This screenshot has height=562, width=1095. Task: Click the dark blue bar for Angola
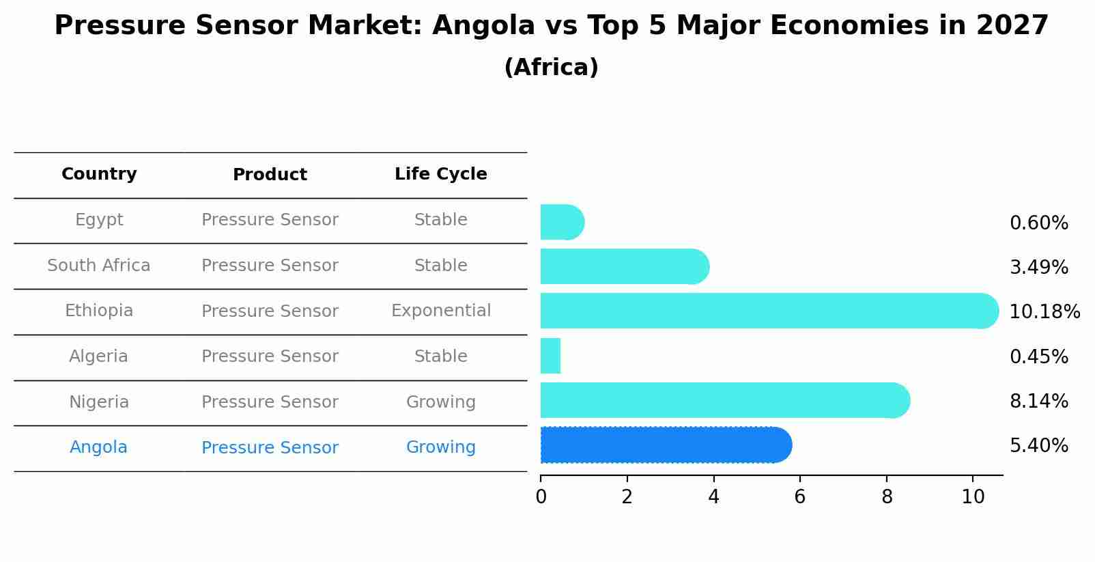(666, 445)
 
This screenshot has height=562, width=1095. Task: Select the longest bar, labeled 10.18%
(769, 311)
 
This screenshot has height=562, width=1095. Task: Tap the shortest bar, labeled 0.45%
(550, 356)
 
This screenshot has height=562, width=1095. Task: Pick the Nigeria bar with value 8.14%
(724, 400)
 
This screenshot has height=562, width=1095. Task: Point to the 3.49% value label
(1038, 267)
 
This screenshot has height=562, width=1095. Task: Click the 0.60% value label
(1038, 223)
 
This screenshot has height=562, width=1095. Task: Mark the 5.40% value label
(1038, 446)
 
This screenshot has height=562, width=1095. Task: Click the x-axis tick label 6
(799, 497)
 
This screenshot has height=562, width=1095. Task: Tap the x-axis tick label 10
(973, 497)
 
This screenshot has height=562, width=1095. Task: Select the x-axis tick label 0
(541, 497)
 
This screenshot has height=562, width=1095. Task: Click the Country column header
(99, 174)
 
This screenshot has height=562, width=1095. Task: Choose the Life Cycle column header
(440, 174)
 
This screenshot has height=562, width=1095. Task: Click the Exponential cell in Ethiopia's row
(440, 311)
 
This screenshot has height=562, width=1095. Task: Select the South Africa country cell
(99, 266)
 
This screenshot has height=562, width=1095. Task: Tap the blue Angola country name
(98, 447)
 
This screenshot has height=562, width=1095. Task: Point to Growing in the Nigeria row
(440, 402)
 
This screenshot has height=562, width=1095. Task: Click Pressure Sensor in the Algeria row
(270, 356)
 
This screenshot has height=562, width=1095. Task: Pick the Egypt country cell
(99, 220)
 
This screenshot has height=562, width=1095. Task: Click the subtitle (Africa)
(551, 68)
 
